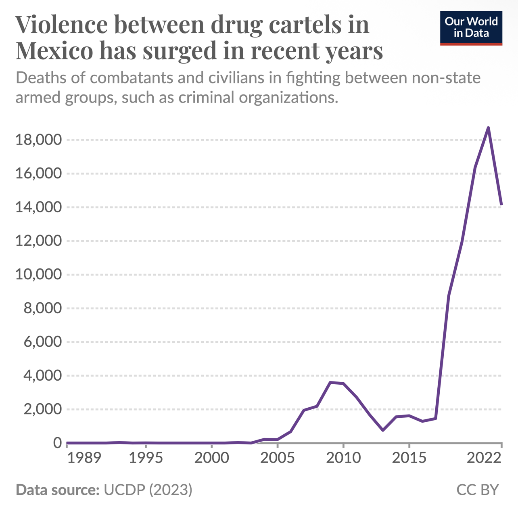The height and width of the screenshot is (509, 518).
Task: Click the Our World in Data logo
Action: (471, 28)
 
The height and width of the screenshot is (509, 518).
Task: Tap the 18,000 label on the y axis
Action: (39, 140)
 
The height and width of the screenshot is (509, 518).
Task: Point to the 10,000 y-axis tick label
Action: (39, 274)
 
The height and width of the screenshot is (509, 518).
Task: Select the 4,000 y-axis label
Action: (43, 375)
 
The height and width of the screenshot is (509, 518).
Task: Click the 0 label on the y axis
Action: (58, 443)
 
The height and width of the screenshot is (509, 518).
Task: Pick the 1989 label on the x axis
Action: (84, 458)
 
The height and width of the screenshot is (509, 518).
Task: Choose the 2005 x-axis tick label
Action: (277, 458)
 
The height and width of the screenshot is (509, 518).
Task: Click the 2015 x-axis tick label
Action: (409, 458)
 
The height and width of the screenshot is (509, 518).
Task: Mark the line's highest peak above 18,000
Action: (488, 128)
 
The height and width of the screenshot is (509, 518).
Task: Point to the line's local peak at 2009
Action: (330, 382)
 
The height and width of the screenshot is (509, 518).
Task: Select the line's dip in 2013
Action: (383, 430)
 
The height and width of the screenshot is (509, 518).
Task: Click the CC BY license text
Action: (477, 490)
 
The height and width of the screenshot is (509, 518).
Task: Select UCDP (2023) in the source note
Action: (148, 490)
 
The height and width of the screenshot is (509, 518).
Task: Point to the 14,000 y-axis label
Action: (39, 207)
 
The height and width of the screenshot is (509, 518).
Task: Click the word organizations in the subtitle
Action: (288, 97)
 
